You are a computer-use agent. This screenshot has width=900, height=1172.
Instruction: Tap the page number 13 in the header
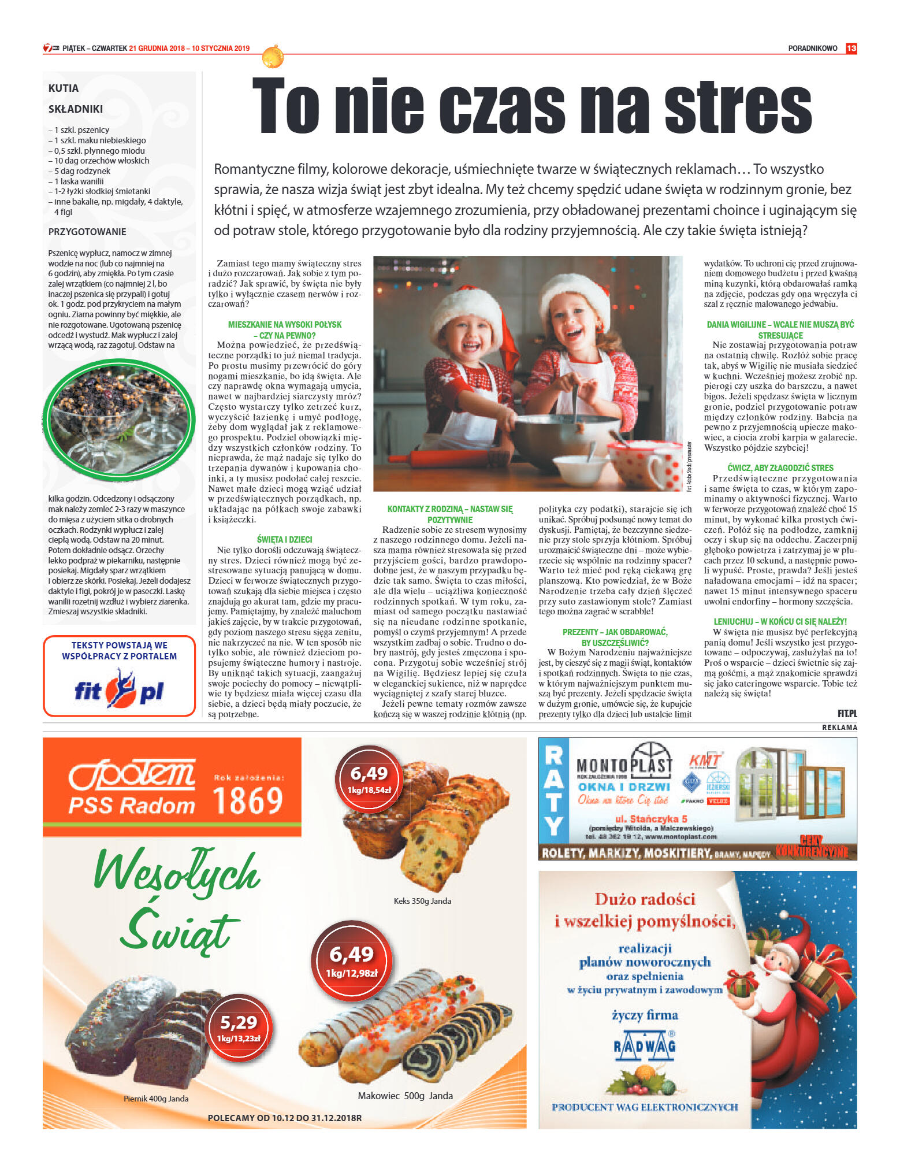click(851, 49)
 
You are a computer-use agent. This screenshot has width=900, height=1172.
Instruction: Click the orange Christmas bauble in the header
click(273, 57)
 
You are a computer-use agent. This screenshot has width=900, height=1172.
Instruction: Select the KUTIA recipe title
click(64, 88)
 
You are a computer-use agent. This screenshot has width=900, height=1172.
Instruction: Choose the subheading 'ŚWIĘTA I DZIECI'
click(284, 539)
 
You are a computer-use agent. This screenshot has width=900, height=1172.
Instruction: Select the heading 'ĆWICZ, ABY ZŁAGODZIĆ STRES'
click(780, 468)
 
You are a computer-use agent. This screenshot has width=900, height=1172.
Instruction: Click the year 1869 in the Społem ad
click(248, 800)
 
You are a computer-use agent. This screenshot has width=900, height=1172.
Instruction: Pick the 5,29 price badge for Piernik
click(239, 1028)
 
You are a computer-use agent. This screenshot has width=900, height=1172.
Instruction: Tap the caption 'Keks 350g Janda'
click(422, 901)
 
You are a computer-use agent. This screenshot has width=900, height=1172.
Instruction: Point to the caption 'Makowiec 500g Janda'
click(405, 1096)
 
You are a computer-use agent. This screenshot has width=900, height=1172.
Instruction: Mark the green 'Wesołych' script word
click(177, 872)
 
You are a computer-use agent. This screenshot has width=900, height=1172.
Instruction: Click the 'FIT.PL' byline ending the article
click(847, 714)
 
